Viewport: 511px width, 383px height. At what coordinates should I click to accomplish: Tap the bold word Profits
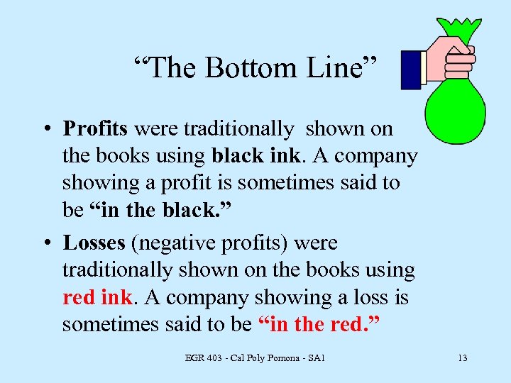95,128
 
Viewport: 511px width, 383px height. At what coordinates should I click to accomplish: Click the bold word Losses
94,243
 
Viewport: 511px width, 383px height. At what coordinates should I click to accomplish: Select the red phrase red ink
97,297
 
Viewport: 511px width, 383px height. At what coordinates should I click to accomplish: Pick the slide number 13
462,357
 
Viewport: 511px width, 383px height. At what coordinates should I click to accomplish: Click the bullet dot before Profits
45,130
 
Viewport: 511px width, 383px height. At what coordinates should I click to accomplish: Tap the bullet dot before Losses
45,244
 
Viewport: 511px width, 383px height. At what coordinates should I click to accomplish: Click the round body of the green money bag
455,107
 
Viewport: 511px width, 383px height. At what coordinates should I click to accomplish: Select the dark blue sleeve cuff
412,69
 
